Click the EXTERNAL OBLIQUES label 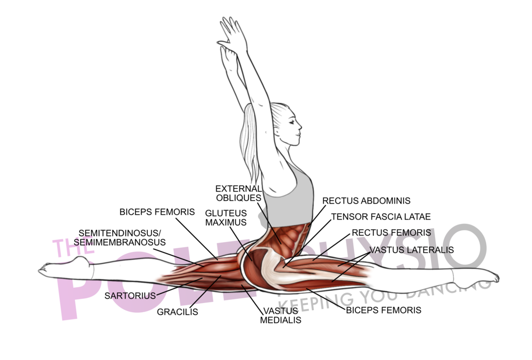[x=238, y=194]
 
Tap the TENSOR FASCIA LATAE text [x=380, y=217]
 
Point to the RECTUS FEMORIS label [x=391, y=233]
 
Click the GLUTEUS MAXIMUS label [x=226, y=217]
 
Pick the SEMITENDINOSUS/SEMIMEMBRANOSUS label [x=120, y=238]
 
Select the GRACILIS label [x=177, y=312]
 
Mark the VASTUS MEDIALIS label [x=280, y=316]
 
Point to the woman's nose [x=301, y=127]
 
